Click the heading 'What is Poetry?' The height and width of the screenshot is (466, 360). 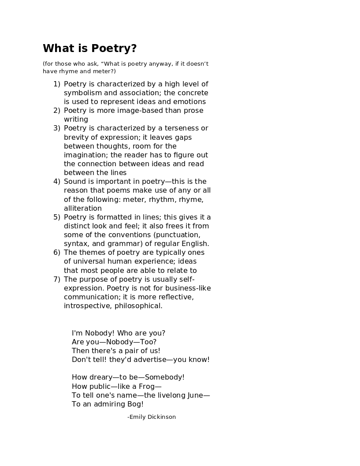click(89, 48)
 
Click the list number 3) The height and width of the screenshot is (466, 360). click(56, 128)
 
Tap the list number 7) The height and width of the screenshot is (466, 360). click(56, 279)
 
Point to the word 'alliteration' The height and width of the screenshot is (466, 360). click(83, 208)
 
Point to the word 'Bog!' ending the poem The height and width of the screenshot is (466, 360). click(135, 404)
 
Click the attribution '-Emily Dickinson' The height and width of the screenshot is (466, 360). click(151, 417)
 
